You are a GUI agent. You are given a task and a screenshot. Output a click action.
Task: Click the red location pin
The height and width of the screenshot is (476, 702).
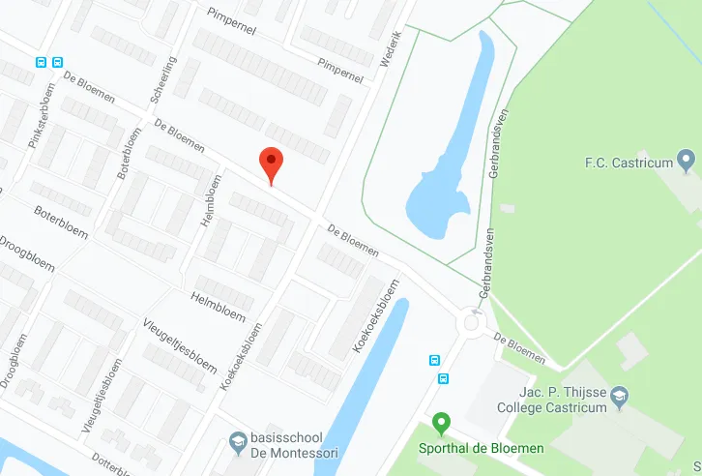click(x=272, y=164)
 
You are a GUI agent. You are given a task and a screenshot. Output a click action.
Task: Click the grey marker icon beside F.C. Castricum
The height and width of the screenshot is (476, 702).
click(x=687, y=159)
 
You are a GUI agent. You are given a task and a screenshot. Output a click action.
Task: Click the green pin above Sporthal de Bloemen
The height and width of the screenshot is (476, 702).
click(x=442, y=424)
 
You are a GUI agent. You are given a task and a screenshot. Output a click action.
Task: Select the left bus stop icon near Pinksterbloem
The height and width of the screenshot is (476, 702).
click(x=42, y=61)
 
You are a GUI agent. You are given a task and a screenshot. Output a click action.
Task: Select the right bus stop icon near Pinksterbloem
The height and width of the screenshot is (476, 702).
click(x=58, y=61)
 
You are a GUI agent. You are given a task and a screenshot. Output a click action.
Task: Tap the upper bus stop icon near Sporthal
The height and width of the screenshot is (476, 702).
click(x=435, y=360)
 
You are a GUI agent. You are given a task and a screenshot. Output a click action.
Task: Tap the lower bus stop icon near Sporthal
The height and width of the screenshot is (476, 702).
click(x=444, y=378)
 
